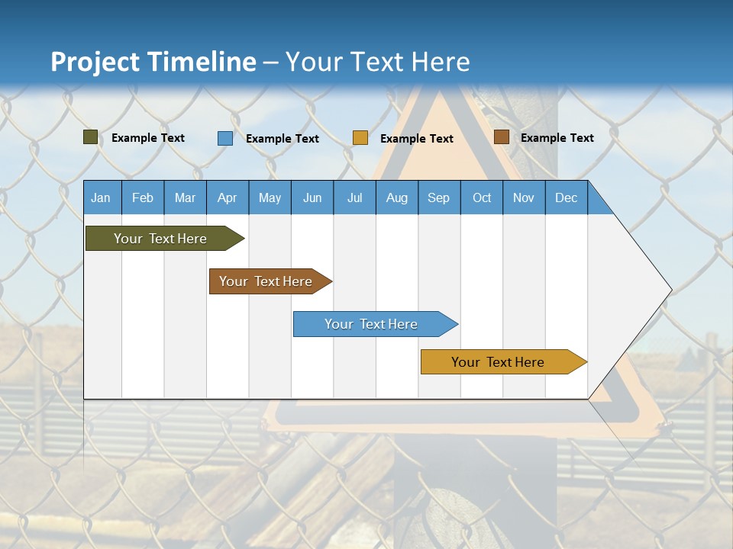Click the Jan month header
coord(101,198)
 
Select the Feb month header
coord(143,198)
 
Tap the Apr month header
coord(227,198)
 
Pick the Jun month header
coord(312,198)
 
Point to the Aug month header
coord(397,198)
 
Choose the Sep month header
coord(439,198)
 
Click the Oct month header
coord(482,198)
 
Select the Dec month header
coord(567,198)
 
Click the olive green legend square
coord(91,137)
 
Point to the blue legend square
coord(225,138)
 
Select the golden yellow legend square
coord(360,138)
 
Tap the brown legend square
coord(501,137)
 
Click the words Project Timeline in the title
coord(153,62)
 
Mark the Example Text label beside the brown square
coord(557,138)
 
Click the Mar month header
coord(185,198)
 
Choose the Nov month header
coord(524,198)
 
